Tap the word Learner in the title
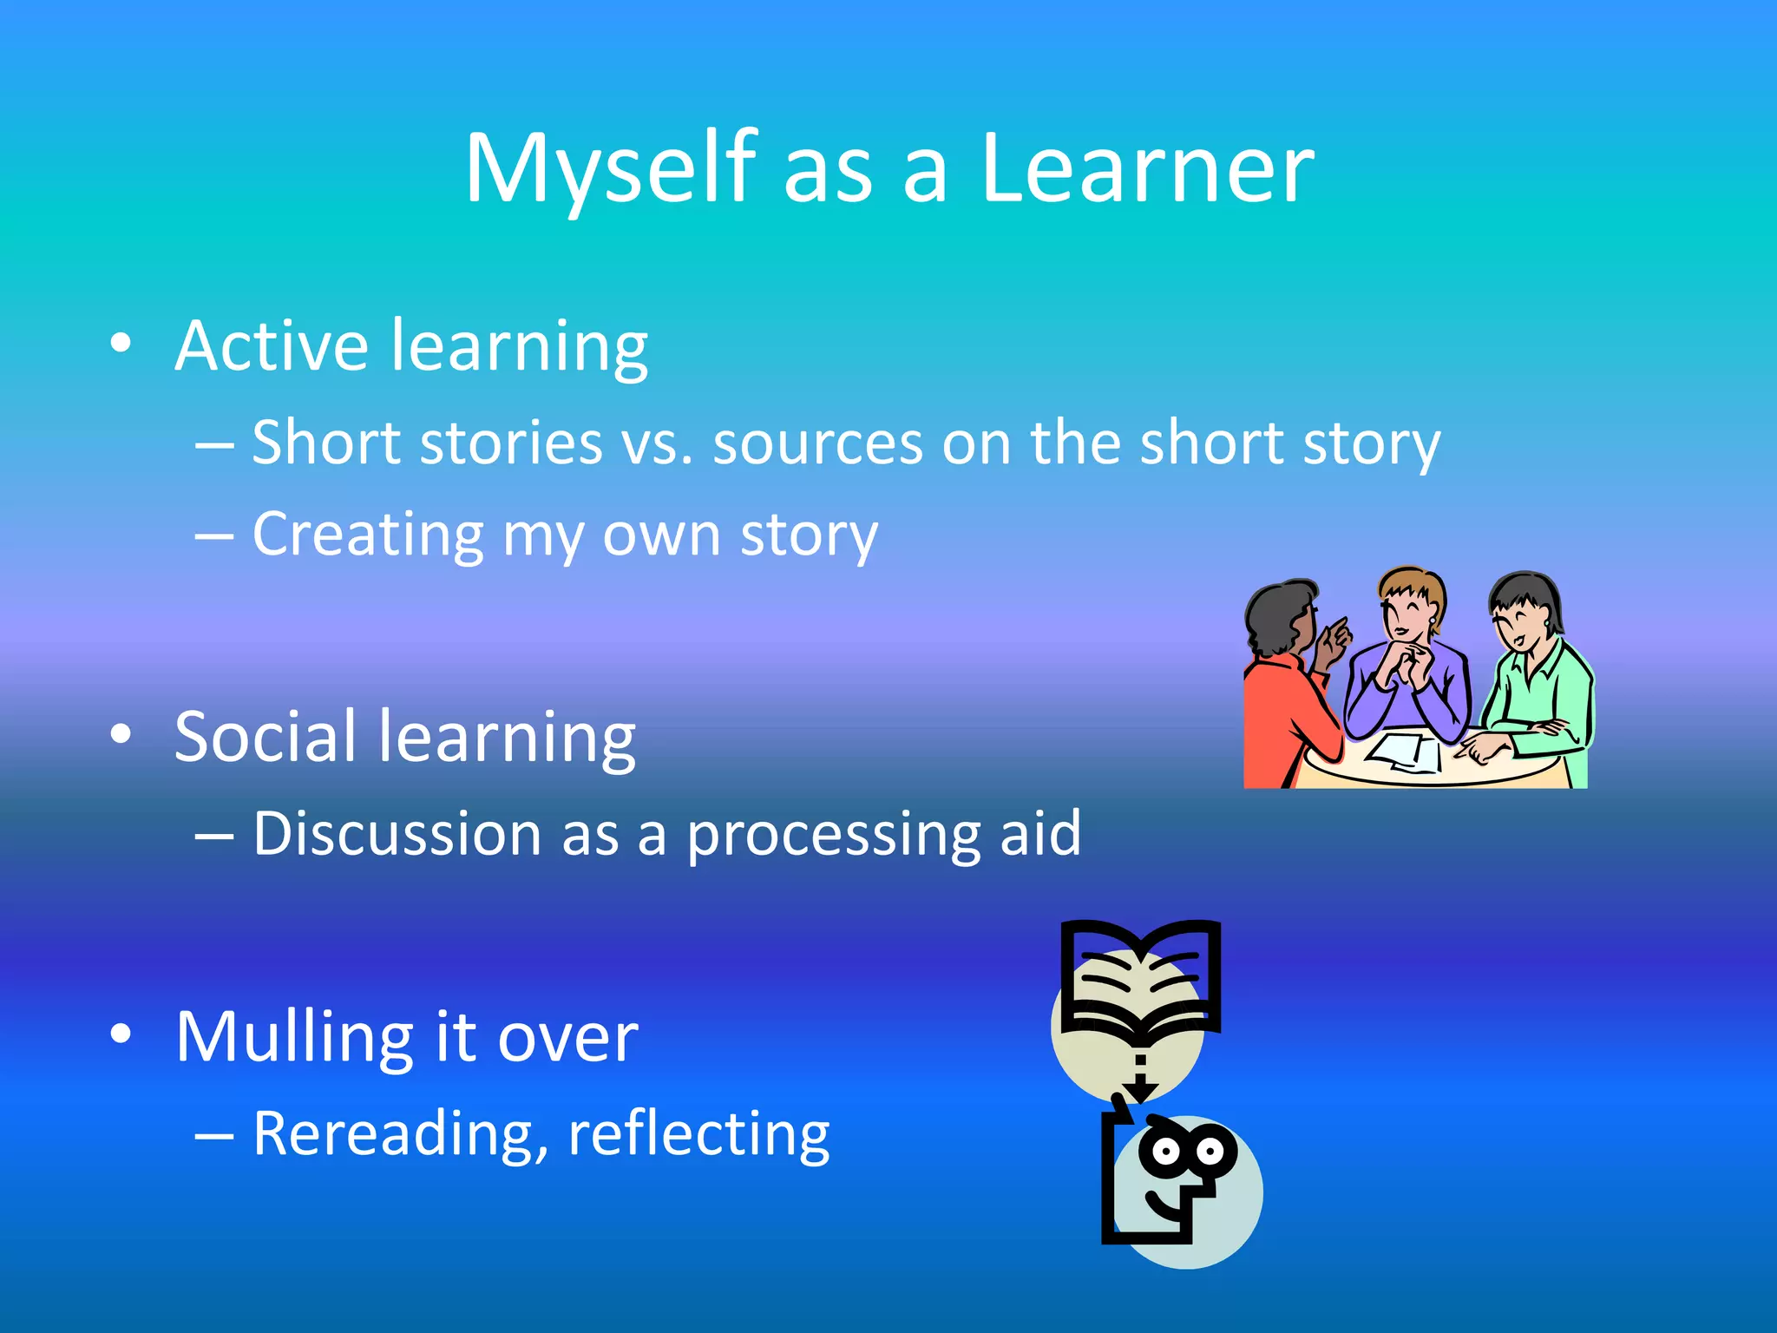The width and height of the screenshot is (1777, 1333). tap(1147, 169)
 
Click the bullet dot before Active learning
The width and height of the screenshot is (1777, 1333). tap(121, 344)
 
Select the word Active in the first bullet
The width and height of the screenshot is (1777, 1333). tap(271, 345)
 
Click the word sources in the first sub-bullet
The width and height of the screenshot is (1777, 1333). tap(816, 443)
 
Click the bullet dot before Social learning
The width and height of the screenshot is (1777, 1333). tap(121, 734)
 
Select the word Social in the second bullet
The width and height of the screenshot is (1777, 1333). tap(264, 737)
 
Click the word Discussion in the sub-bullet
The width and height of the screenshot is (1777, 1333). tap(397, 834)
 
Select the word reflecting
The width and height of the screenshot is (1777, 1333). tap(698, 1134)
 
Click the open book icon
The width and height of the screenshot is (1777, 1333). tap(1140, 981)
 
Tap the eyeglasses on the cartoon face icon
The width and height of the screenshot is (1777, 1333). tap(1188, 1152)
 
